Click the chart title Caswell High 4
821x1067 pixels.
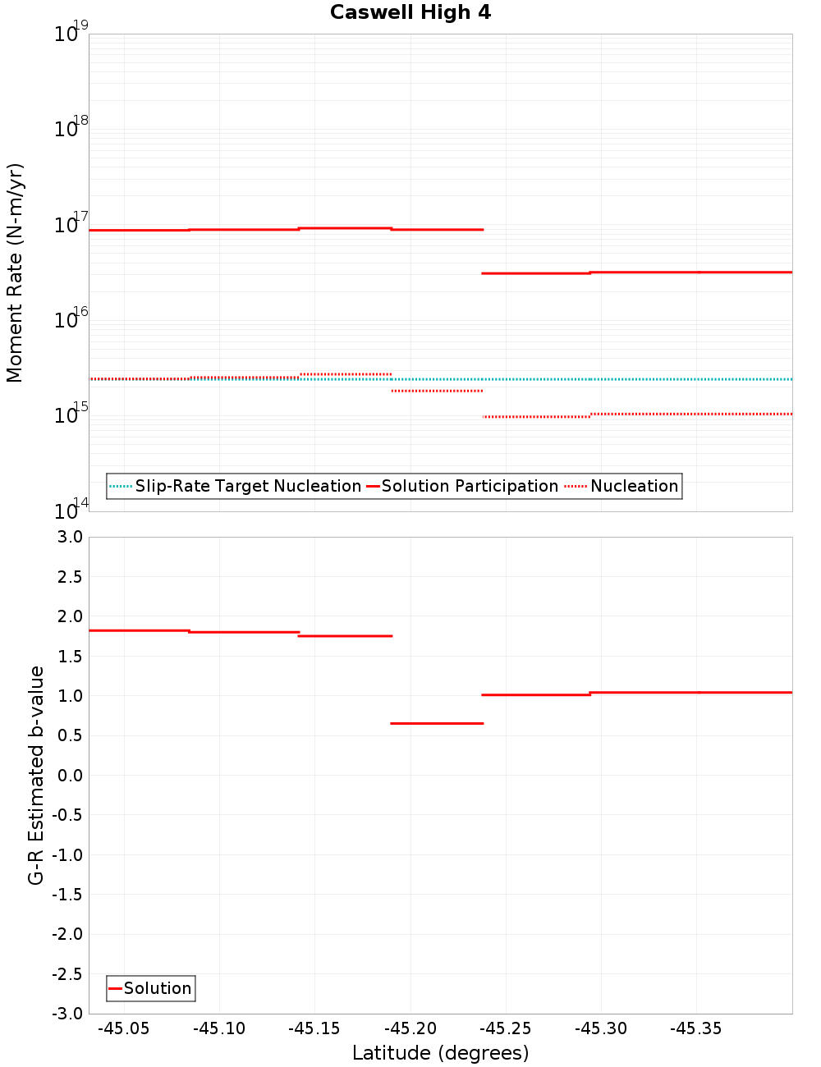(x=410, y=12)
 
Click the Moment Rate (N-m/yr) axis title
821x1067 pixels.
(x=15, y=272)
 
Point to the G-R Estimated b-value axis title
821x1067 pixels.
(x=36, y=775)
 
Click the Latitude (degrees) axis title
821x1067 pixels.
(x=440, y=1053)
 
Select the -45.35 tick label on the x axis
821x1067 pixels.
(x=696, y=1029)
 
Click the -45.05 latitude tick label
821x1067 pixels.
(x=124, y=1029)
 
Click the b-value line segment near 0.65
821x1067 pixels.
(x=437, y=723)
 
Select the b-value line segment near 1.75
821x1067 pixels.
(x=346, y=636)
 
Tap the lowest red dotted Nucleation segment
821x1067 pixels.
(x=536, y=417)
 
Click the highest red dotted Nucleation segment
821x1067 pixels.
(x=346, y=374)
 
